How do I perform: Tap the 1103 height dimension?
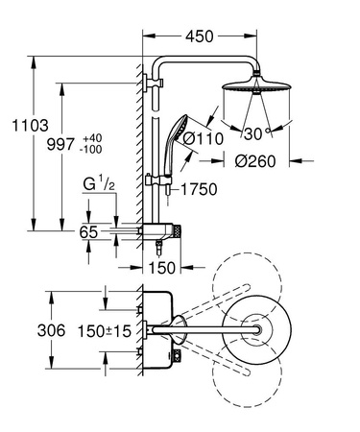point(17,124)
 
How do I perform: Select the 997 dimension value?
point(60,143)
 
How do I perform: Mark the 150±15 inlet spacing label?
point(101,330)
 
